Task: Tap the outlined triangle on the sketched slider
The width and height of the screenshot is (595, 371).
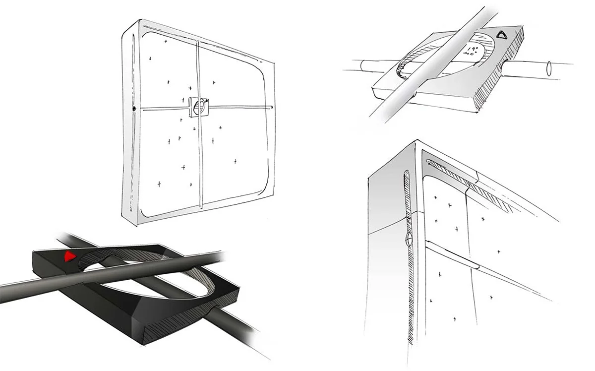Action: [502, 35]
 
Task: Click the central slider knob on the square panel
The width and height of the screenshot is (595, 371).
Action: [198, 106]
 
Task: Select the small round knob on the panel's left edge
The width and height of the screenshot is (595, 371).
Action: [134, 108]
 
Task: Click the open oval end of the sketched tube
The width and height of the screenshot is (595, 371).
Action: [549, 68]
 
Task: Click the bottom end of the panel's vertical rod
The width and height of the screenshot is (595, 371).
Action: [201, 207]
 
